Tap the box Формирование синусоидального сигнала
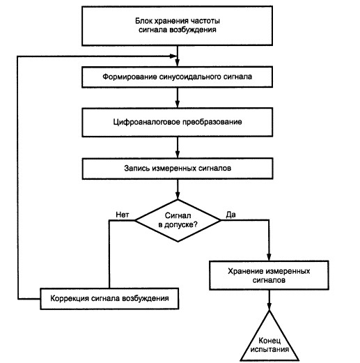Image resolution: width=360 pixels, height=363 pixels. point(177,77)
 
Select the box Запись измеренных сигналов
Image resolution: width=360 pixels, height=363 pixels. point(178,169)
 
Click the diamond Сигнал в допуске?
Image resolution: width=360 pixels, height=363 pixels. point(178,220)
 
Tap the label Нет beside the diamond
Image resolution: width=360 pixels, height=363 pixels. point(123,215)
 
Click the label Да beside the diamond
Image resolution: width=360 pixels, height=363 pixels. point(231,215)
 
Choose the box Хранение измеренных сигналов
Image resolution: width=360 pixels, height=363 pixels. point(269,275)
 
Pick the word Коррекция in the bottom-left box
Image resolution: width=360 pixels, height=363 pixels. point(70,298)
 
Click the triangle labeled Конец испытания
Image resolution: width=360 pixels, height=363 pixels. point(269,337)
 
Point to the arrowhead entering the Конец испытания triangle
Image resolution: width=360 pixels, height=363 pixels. point(269,307)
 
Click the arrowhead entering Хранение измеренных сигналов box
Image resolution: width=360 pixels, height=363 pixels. point(269,257)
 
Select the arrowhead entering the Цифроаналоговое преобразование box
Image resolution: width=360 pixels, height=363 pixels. point(178,104)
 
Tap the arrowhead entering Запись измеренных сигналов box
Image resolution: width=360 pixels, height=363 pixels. point(178,154)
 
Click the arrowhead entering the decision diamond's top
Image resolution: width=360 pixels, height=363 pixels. point(178,196)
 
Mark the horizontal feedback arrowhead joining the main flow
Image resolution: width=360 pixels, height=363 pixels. point(173,56)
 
